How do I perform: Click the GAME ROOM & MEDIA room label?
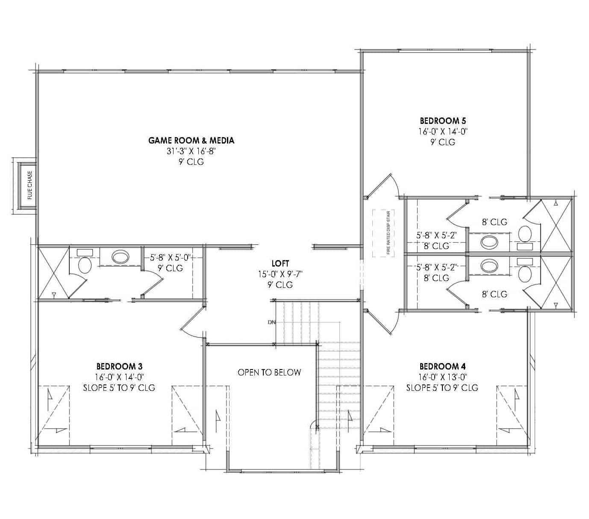(191, 140)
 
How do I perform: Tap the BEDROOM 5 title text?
(442, 121)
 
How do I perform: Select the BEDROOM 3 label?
(119, 366)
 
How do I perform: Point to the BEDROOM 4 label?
(442, 366)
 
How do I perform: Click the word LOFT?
(280, 264)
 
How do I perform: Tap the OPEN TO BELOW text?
(269, 372)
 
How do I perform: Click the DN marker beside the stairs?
(271, 322)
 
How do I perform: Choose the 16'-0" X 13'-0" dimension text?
(442, 377)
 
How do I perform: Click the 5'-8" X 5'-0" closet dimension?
(170, 258)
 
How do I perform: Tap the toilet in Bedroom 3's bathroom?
(85, 265)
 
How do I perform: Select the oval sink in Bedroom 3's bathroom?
(120, 257)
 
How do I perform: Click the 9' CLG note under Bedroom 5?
(442, 142)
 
